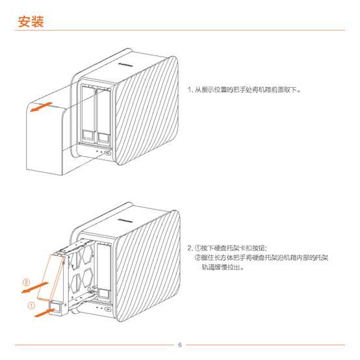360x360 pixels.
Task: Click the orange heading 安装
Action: (31, 21)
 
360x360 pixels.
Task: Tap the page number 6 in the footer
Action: (180, 344)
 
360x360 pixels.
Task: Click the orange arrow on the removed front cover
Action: (41, 107)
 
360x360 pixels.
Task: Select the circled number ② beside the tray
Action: (26, 282)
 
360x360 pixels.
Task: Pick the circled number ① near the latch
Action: (31, 305)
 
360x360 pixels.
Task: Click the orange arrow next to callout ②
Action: (34, 287)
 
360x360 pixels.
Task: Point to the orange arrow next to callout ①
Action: (44, 313)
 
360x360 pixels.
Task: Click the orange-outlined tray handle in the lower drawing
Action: (51, 277)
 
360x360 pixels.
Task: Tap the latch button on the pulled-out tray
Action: (56, 307)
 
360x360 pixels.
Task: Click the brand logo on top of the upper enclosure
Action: (125, 64)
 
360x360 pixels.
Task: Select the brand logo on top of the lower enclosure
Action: (125, 220)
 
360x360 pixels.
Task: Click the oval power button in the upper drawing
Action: (107, 153)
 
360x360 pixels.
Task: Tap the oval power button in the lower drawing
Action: (108, 309)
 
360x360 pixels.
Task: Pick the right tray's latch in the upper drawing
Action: (103, 136)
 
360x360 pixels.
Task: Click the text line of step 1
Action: (244, 90)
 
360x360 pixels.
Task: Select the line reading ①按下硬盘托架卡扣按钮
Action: (227, 248)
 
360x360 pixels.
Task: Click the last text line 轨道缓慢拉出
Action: (222, 267)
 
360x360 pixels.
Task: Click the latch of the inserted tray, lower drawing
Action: (104, 294)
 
